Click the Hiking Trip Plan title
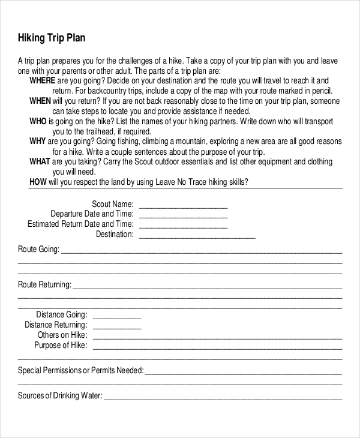[x=52, y=38]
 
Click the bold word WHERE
[x=43, y=80]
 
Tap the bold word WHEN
[x=40, y=101]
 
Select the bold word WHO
[x=38, y=121]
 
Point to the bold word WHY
[x=38, y=142]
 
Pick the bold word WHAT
[x=40, y=162]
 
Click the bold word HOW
[x=37, y=182]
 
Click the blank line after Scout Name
[x=183, y=205]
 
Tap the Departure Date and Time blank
[x=183, y=215]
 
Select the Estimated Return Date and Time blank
[x=183, y=225]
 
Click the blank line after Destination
[x=197, y=235]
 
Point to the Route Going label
[x=38, y=249]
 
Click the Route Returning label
[x=44, y=284]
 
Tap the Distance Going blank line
[x=117, y=315]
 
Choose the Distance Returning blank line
[x=117, y=325]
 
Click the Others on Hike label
[x=62, y=335]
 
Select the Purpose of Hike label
[x=61, y=346]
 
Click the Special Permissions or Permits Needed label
[x=80, y=371]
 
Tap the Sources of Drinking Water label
[x=60, y=396]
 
